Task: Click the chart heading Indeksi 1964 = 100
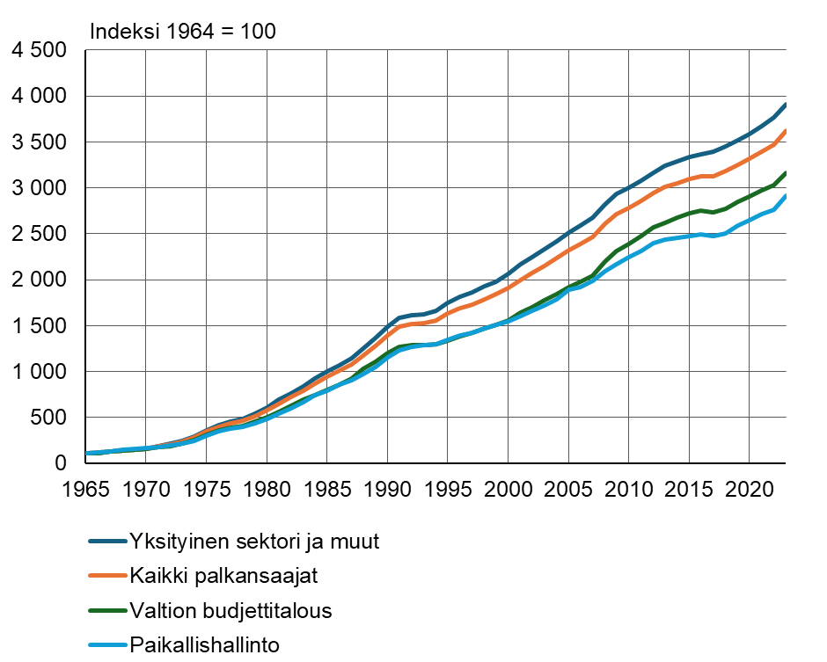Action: pos(183,32)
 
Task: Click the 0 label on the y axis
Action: pos(62,463)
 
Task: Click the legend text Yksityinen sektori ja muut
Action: pos(254,542)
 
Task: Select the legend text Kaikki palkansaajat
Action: pos(223,577)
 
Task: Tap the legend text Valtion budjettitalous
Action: pos(231,611)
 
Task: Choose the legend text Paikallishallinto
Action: pos(204,645)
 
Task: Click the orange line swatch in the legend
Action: pos(107,577)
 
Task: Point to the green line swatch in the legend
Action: pos(107,611)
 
